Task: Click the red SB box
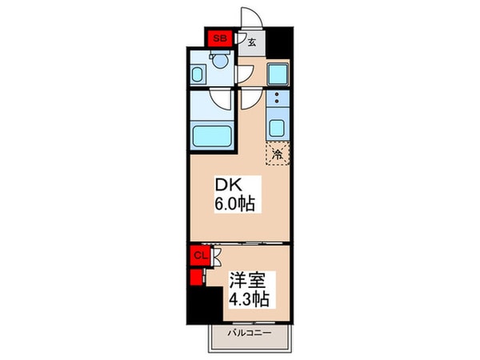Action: [218, 38]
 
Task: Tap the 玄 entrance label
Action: [250, 44]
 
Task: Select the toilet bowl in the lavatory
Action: [218, 61]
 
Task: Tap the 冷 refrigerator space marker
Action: [278, 154]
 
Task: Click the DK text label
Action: [225, 185]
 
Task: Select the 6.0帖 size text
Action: [234, 204]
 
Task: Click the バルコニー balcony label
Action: [249, 331]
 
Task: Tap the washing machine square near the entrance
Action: [277, 74]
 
